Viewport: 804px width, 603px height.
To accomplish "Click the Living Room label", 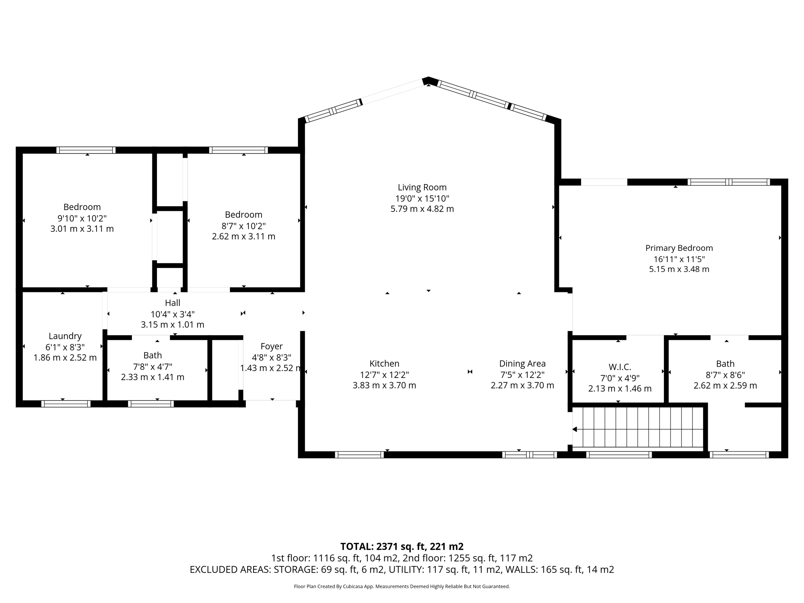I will (422, 188).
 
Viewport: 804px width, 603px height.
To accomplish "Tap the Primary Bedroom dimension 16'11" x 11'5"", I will (679, 259).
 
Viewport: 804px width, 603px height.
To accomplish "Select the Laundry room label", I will (65, 336).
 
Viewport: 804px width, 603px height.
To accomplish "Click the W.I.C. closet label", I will (619, 367).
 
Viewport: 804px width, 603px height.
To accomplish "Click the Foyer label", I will (271, 346).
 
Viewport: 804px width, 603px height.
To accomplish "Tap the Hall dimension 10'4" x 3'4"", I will (172, 314).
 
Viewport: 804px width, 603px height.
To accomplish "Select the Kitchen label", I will (384, 364).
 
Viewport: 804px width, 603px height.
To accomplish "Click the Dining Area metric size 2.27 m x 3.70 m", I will (522, 386).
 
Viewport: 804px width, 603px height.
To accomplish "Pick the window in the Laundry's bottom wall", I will (66, 404).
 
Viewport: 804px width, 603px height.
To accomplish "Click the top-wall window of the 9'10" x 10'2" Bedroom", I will (86, 150).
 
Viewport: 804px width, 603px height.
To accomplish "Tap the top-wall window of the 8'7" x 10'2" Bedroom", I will (238, 150).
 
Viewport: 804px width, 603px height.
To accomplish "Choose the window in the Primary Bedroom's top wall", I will (728, 182).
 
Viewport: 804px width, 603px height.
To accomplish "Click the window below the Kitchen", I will (359, 455).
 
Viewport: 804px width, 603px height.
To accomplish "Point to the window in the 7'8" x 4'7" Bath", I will (151, 404).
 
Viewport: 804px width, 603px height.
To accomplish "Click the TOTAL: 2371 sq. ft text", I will (402, 546).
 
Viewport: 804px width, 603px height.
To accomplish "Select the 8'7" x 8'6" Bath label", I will (725, 364).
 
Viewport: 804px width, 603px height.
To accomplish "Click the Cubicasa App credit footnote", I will (402, 587).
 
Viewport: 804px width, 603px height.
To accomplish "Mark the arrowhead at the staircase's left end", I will (575, 429).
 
